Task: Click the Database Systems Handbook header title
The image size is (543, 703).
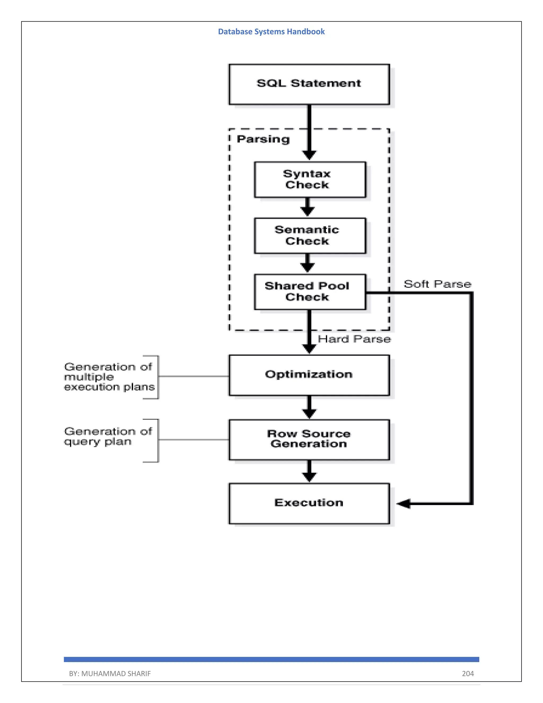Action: tap(271, 32)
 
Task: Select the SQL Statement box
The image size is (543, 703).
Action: tap(309, 84)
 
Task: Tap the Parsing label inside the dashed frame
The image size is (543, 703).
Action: tap(263, 139)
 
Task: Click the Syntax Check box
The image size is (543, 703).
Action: tap(310, 180)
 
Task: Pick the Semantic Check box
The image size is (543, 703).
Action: tap(310, 236)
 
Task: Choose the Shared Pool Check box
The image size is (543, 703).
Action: tap(310, 292)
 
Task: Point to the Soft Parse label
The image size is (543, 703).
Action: tap(437, 284)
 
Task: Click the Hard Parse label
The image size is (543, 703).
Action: tap(354, 339)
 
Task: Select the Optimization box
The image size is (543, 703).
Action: tap(309, 375)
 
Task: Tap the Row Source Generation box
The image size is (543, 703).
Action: tap(309, 439)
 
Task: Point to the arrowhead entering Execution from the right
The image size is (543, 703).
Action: tap(403, 504)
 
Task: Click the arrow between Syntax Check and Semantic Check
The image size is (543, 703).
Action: tap(308, 208)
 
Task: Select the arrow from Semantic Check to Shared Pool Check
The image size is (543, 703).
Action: tap(308, 264)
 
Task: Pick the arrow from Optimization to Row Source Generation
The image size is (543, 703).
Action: tap(309, 407)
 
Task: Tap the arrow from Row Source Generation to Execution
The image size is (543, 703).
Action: tap(309, 471)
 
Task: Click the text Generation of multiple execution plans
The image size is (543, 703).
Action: tap(109, 377)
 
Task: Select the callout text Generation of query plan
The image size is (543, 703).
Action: tap(108, 436)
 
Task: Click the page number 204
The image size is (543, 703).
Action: tap(468, 673)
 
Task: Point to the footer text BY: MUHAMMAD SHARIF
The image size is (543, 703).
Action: tap(110, 673)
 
